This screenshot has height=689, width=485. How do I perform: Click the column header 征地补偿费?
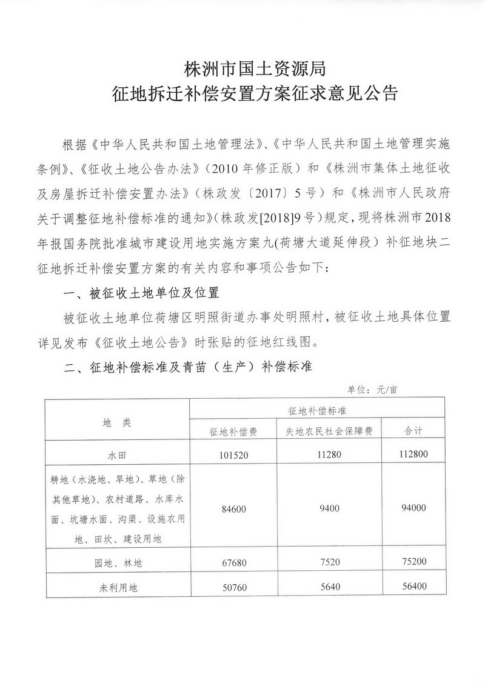pos(233,431)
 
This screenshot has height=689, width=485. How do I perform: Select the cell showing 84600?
pos(233,508)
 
